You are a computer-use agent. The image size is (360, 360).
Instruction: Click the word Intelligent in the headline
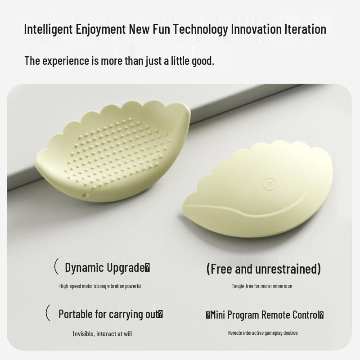[x=48, y=29]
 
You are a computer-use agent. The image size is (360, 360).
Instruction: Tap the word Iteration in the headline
[x=306, y=29]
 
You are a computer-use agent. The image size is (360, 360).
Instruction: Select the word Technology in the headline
[x=200, y=29]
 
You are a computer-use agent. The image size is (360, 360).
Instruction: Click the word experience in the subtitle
[x=65, y=61]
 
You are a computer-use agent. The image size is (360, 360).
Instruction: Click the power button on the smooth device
[x=270, y=184]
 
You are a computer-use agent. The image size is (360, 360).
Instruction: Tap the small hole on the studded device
[x=85, y=195]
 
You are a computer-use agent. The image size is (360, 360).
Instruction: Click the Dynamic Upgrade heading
[x=107, y=268]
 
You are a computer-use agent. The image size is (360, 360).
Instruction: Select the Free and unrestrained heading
[x=264, y=269]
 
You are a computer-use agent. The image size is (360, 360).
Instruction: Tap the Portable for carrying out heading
[x=111, y=314]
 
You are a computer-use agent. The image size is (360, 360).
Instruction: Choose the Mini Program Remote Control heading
[x=265, y=315]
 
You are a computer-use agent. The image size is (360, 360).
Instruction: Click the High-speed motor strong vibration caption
[x=100, y=286]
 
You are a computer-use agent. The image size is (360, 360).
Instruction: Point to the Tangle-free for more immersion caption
[x=262, y=286]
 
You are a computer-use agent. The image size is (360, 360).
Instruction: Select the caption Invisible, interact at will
[x=103, y=334]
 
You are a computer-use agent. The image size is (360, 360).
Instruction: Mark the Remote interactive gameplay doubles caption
[x=263, y=333]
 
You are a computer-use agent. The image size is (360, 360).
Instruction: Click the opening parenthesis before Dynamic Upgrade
[x=56, y=266]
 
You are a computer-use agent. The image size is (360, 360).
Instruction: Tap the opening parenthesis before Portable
[x=48, y=313]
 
